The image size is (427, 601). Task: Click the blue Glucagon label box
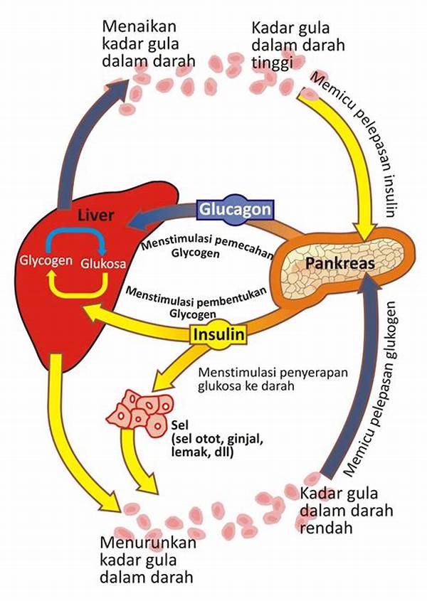[x=236, y=210]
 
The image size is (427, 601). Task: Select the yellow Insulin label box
[x=218, y=334]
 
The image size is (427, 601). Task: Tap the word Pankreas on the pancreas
[x=339, y=263]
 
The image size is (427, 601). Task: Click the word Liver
[x=96, y=216]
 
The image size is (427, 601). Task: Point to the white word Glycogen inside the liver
[x=46, y=260]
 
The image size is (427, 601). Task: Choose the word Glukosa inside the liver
[x=103, y=263]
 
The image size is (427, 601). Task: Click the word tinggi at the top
[x=273, y=63]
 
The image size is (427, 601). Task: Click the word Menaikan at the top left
[x=139, y=26]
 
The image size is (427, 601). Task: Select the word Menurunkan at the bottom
[x=148, y=543]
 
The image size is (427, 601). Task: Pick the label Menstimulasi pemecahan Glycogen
[x=206, y=245]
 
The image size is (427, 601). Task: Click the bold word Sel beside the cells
[x=179, y=425]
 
